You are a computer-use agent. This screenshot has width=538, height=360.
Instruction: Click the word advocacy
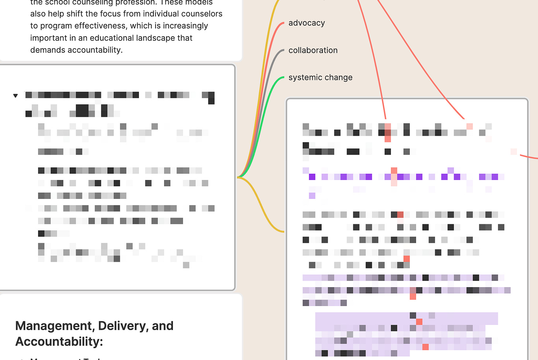306,23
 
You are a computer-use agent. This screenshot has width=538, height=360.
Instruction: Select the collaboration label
313,50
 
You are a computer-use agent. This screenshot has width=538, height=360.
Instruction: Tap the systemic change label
320,78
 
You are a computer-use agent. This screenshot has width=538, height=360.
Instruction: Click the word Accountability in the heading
58,342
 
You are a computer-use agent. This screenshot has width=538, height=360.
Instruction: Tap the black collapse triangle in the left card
16,96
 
